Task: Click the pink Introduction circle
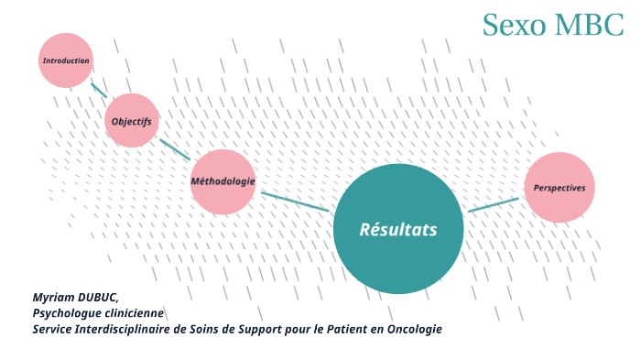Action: tap(66, 60)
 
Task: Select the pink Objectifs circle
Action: tap(131, 121)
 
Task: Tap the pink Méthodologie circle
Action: tap(223, 181)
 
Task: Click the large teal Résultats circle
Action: tap(398, 229)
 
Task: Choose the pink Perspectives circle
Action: tap(560, 187)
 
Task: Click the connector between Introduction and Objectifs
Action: tap(98, 90)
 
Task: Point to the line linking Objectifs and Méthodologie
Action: tap(175, 149)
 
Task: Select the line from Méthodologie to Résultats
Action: tap(294, 202)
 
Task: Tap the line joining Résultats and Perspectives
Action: tap(494, 204)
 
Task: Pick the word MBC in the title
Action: tap(590, 25)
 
